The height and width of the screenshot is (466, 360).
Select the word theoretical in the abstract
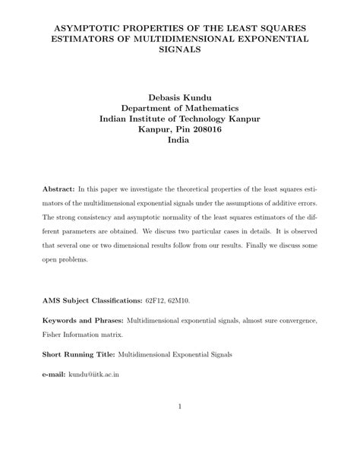[192, 187]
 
